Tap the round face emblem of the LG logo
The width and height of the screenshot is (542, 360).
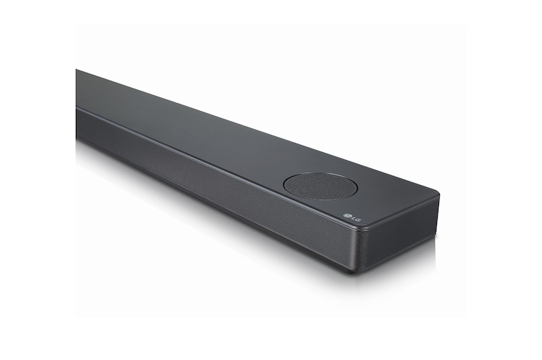[347, 216]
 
